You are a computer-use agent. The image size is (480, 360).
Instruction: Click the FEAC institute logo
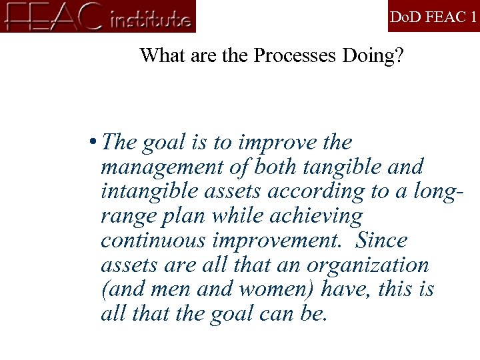tap(99, 16)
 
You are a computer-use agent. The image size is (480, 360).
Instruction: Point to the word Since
tap(381, 240)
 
